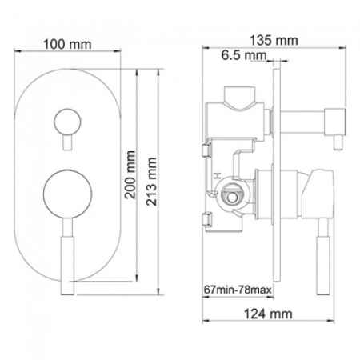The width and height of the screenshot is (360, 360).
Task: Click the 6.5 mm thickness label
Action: tap(244, 56)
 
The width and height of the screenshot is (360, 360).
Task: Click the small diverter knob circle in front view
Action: tap(65, 122)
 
